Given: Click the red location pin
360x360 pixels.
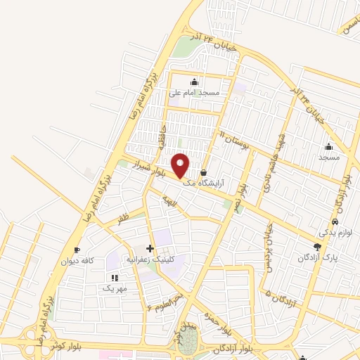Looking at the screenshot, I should [x=181, y=165].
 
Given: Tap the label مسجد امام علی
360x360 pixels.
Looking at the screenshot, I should [x=195, y=92].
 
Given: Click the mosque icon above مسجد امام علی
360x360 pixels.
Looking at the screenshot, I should [x=195, y=82].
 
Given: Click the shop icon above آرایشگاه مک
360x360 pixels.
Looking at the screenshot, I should [x=204, y=172].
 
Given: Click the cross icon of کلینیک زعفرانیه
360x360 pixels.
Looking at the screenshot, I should [x=149, y=249].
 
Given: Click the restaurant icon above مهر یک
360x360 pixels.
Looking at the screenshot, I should [x=115, y=278].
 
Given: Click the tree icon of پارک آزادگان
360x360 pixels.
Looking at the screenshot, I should [x=318, y=247].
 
